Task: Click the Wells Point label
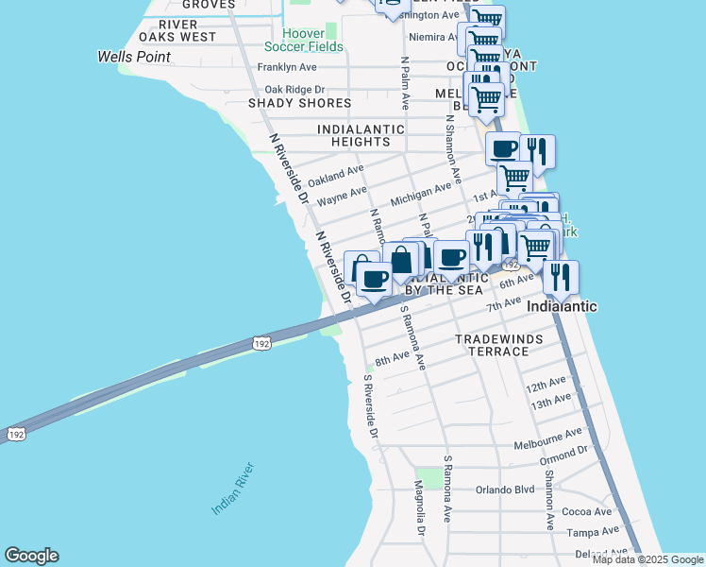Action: coord(134,57)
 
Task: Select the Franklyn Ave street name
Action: coord(287,67)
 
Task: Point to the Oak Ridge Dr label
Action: coord(294,90)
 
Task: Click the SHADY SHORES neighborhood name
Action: coord(299,103)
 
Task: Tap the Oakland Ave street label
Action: coord(335,176)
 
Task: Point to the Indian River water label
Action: coord(232,489)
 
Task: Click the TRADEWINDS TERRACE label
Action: coord(492,345)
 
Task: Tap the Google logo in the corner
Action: coord(31,556)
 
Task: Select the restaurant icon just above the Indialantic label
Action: coord(561,277)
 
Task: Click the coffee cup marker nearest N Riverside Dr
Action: coord(374,281)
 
